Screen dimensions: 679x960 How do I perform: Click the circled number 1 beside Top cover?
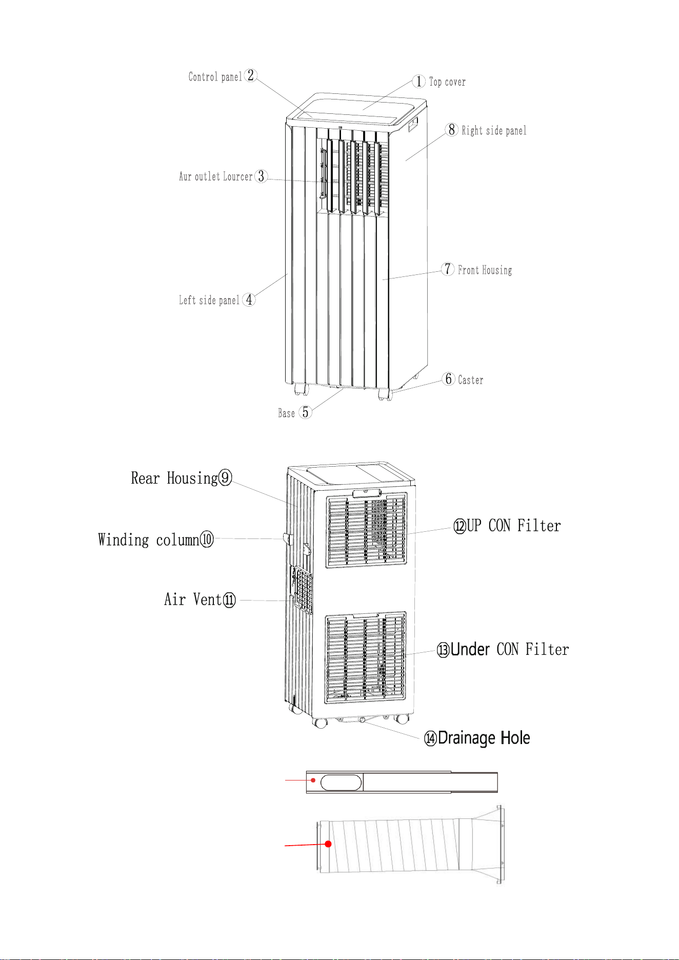[x=419, y=81]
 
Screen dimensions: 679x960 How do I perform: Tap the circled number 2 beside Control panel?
[x=250, y=75]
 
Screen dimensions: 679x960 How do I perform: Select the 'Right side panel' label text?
[x=494, y=130]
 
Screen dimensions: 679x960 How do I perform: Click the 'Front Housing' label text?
[x=485, y=270]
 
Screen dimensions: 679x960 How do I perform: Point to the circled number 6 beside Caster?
[x=449, y=379]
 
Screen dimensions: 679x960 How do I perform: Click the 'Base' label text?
[x=286, y=413]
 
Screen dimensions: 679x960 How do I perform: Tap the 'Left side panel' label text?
[x=209, y=300]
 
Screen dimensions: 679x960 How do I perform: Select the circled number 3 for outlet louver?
[x=261, y=176]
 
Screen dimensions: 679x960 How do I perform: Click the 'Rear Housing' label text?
[x=174, y=478]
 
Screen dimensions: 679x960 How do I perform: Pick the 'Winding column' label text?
[x=148, y=539]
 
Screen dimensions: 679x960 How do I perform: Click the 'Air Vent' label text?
[x=193, y=599]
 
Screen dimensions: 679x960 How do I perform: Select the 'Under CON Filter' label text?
[x=510, y=649]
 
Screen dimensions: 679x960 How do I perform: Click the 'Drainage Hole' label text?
[x=484, y=738]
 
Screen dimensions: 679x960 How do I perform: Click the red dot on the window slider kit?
[x=313, y=780]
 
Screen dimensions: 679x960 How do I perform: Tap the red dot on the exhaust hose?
[x=328, y=844]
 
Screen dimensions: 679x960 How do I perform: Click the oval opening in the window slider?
[x=341, y=783]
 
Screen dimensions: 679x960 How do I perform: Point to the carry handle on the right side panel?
[x=413, y=125]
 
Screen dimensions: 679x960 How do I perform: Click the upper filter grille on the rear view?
[x=367, y=530]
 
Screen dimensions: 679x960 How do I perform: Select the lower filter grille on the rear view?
[x=365, y=657]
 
